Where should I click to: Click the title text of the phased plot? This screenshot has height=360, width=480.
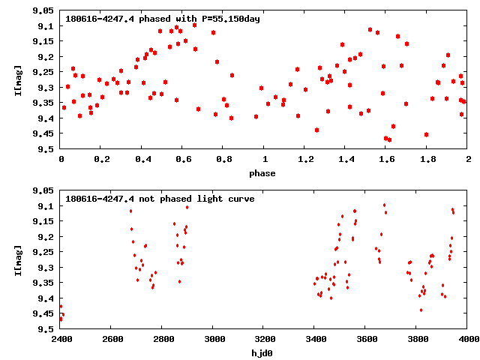pyautogui.click(x=163, y=19)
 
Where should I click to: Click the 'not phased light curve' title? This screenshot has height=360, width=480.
pyautogui.click(x=160, y=199)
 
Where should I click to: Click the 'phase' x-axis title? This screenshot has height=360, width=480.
pyautogui.click(x=262, y=173)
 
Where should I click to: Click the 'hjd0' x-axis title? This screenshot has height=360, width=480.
pyautogui.click(x=262, y=353)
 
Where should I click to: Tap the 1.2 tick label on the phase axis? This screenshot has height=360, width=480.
pyautogui.click(x=305, y=159)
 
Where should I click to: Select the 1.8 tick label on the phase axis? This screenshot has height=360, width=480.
pyautogui.click(x=427, y=159)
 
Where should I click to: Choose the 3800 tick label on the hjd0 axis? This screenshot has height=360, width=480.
pyautogui.click(x=417, y=339)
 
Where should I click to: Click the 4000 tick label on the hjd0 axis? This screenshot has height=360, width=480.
pyautogui.click(x=468, y=339)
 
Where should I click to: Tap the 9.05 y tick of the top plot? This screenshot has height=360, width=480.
pyautogui.click(x=43, y=11)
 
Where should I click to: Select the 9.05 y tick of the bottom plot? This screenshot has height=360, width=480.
pyautogui.click(x=43, y=191)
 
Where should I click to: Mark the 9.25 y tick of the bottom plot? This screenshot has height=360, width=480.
pyautogui.click(x=43, y=253)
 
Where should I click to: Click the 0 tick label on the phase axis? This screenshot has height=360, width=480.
pyautogui.click(x=61, y=159)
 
